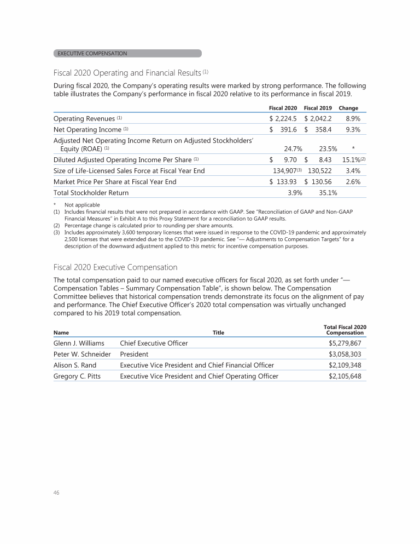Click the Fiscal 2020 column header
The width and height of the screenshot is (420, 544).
coord(283,108)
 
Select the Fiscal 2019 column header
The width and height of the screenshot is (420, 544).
coord(318,108)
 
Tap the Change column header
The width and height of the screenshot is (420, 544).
coord(348,108)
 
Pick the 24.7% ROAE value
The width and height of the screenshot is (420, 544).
coord(293,148)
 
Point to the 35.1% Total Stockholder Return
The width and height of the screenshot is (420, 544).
coord(327,193)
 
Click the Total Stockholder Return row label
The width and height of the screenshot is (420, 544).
coord(91,193)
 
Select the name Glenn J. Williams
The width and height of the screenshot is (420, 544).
coord(79,343)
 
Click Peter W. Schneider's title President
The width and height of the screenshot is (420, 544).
coord(134,354)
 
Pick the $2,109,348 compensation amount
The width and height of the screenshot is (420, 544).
coord(345,365)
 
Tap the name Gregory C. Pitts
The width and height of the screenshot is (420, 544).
coord(77,376)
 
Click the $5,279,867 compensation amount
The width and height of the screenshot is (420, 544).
coord(345,343)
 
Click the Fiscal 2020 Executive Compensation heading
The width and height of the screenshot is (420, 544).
coord(115,267)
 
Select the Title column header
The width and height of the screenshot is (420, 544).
coord(218,332)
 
